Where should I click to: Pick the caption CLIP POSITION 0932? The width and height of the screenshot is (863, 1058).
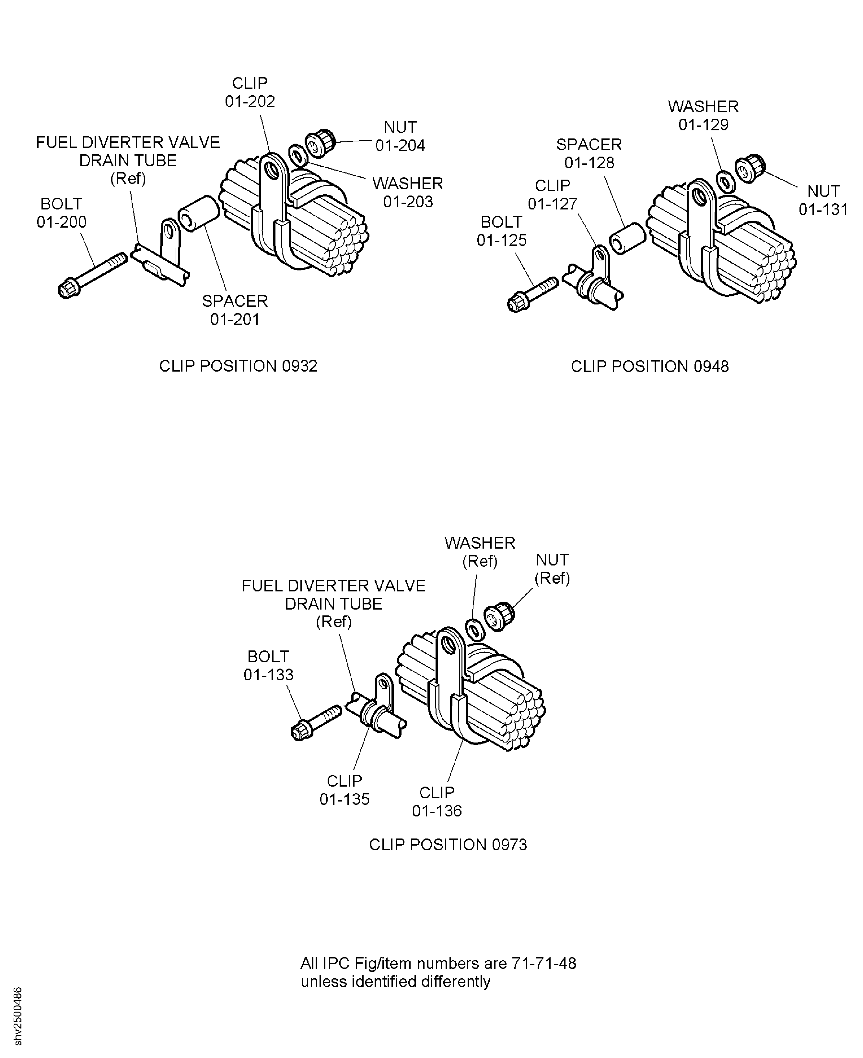[238, 366]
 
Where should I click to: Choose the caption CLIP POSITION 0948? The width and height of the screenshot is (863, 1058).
[650, 367]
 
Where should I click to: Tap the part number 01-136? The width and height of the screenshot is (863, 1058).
[437, 811]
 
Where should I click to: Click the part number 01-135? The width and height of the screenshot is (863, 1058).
[344, 799]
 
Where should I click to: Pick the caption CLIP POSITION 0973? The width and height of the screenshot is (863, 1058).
[448, 845]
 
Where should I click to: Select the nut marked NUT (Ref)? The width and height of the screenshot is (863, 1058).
[499, 616]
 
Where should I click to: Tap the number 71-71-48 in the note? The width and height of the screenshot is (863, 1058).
[544, 964]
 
